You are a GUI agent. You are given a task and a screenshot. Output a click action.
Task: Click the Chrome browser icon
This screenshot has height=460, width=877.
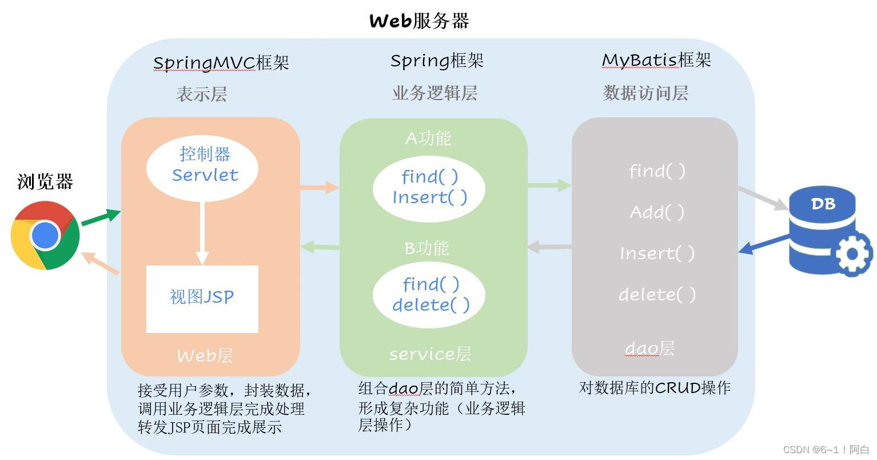[x=45, y=235]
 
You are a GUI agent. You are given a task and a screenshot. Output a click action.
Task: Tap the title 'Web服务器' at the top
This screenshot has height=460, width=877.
[x=419, y=21]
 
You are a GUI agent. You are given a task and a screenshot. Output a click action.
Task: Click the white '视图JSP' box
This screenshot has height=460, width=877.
[x=202, y=298]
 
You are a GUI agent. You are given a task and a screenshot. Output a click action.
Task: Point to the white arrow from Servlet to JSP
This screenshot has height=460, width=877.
[x=202, y=232]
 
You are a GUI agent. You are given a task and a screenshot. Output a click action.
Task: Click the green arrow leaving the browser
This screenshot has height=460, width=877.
[x=101, y=217]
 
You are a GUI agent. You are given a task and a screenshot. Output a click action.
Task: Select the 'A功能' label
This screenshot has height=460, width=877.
[x=428, y=138]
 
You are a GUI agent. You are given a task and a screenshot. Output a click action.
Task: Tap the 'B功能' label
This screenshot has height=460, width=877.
[x=426, y=248]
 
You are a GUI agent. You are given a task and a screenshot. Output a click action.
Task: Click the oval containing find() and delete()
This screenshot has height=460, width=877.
[x=429, y=295]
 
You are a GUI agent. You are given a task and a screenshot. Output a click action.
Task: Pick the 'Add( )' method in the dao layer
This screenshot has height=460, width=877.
[x=657, y=213]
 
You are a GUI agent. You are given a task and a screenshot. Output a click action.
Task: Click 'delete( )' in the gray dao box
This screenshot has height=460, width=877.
[x=657, y=295]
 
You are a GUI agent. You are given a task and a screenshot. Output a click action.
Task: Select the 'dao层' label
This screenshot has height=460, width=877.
[x=649, y=348]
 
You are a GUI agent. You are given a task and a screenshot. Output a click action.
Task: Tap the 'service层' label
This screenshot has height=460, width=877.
[x=430, y=355]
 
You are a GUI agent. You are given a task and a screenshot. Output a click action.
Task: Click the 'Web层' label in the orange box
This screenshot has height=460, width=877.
[x=204, y=356]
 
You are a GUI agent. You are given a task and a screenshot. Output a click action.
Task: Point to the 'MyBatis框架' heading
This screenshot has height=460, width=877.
[x=656, y=60]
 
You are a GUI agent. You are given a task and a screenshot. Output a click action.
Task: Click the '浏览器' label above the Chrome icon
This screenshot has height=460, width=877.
[x=45, y=183]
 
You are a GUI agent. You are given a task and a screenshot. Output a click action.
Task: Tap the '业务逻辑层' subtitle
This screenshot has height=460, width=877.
[x=434, y=93]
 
